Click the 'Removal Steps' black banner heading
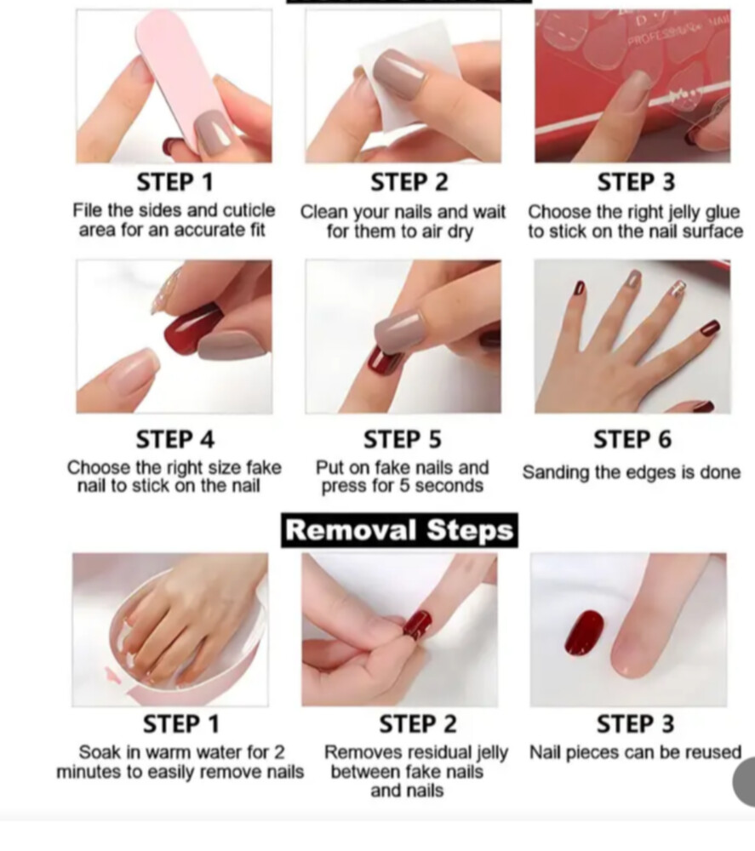(399, 530)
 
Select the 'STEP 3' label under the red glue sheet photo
(636, 182)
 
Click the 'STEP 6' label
(632, 439)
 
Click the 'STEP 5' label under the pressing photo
(403, 439)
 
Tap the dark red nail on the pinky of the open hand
(711, 328)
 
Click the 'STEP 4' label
(175, 439)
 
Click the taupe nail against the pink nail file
(214, 133)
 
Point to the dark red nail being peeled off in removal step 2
(417, 625)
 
